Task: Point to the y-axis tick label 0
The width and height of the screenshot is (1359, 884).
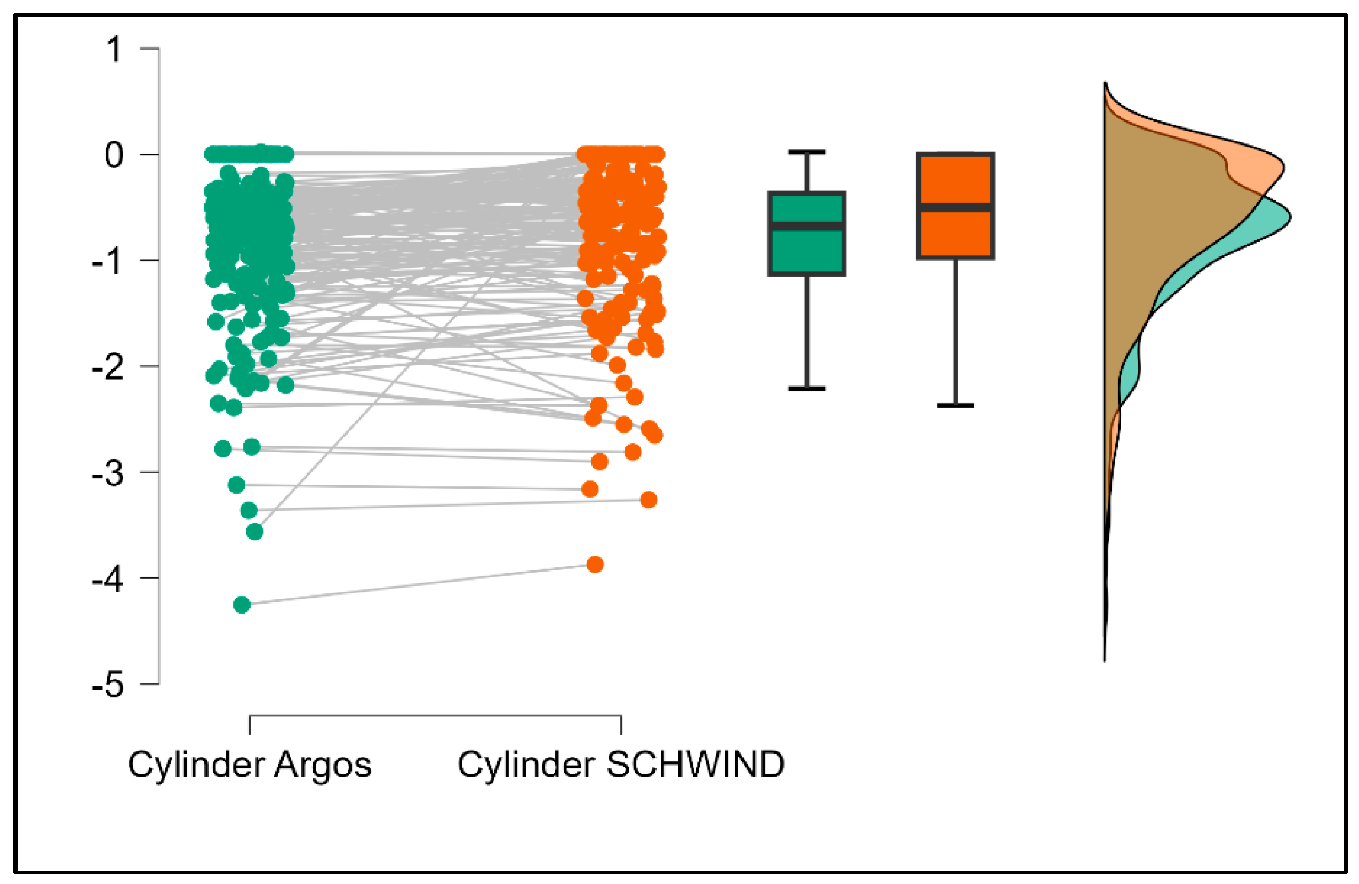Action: click(x=114, y=155)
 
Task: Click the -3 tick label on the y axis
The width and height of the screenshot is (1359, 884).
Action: click(x=107, y=473)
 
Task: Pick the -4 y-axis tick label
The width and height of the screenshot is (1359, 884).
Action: click(x=107, y=579)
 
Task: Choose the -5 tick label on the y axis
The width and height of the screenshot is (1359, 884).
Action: click(x=107, y=684)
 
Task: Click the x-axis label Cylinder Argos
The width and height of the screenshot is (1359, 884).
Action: click(x=250, y=765)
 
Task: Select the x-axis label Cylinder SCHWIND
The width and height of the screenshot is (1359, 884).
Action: click(x=621, y=765)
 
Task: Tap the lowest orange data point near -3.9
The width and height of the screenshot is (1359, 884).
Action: click(x=595, y=565)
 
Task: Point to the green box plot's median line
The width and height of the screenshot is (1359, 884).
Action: click(x=806, y=226)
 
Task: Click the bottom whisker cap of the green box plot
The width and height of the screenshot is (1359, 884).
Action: click(x=806, y=389)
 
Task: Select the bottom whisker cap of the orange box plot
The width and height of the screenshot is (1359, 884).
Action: click(x=955, y=406)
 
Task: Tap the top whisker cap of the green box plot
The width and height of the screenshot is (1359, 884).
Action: click(x=806, y=152)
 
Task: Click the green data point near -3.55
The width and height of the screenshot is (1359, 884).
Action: click(x=254, y=532)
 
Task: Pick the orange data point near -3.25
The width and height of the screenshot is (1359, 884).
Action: click(x=648, y=500)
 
